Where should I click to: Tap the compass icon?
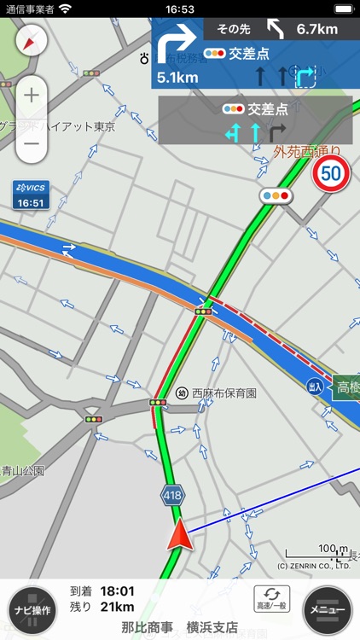coord(32,40)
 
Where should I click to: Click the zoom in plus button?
coord(32,95)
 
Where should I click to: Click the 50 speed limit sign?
coord(330,174)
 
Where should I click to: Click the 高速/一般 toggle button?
coord(271,598)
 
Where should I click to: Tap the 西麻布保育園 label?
coord(224,393)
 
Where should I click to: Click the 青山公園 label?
coord(23,470)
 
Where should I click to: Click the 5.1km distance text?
coord(177,78)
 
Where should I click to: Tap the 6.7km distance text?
coord(316,29)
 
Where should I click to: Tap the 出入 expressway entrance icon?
coord(316,387)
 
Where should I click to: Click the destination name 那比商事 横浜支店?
coord(179,627)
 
